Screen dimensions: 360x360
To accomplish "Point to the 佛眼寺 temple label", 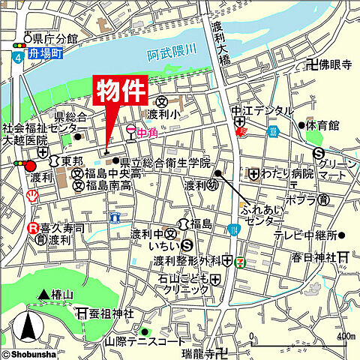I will coord(335,66).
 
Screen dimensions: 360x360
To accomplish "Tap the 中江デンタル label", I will coord(262,111).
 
